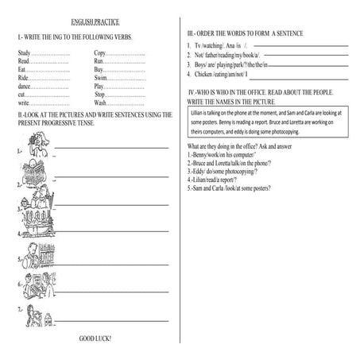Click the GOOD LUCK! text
point(95,339)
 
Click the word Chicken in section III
point(211,74)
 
